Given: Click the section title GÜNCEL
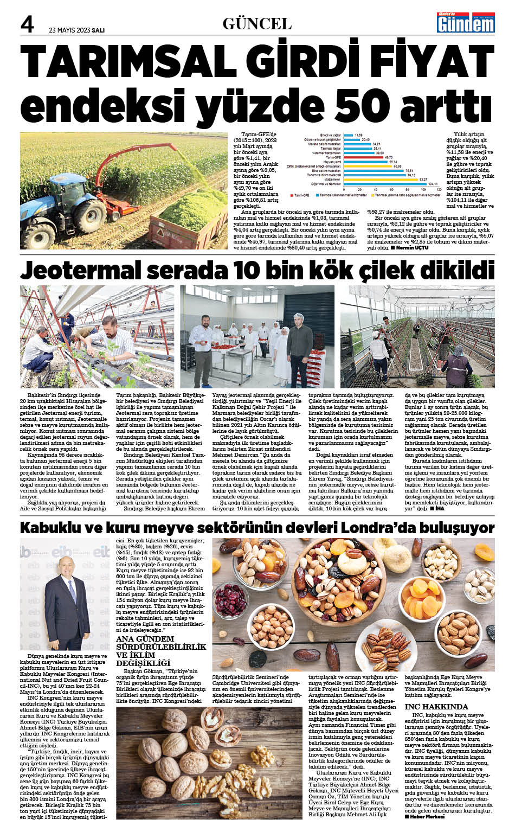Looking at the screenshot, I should point(257,24).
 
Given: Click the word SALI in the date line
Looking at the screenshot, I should point(98,30).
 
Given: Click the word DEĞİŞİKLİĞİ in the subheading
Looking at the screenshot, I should point(143,663).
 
